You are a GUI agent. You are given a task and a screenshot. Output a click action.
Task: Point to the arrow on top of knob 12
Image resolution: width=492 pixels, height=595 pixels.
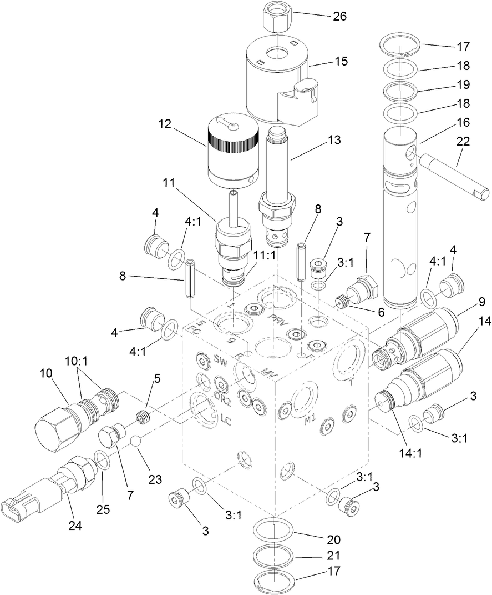(227, 124)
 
